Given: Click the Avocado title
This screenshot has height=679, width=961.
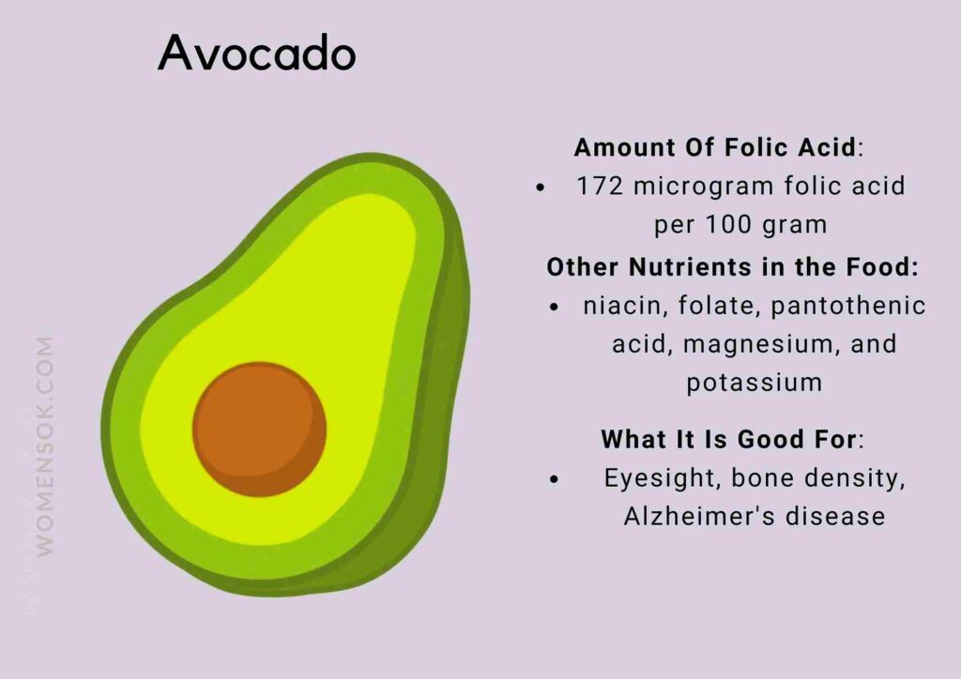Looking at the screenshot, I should click(257, 53).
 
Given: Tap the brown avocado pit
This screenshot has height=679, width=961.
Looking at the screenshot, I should click(260, 430).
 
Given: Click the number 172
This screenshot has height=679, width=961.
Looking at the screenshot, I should click(602, 186).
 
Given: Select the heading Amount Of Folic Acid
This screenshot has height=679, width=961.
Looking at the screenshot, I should click(715, 147).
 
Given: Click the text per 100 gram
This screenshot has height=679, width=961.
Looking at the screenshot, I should click(740, 225).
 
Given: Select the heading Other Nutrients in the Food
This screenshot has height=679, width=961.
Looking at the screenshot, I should click(732, 266).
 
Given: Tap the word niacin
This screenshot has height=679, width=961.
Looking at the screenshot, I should click(618, 306).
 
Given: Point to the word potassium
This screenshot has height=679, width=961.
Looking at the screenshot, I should click(754, 383).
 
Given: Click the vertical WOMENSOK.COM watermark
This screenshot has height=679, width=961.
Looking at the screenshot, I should click(44, 445).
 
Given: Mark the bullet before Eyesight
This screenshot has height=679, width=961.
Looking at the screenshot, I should click(556, 479).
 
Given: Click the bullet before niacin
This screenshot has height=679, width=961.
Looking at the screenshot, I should click(556, 307).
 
